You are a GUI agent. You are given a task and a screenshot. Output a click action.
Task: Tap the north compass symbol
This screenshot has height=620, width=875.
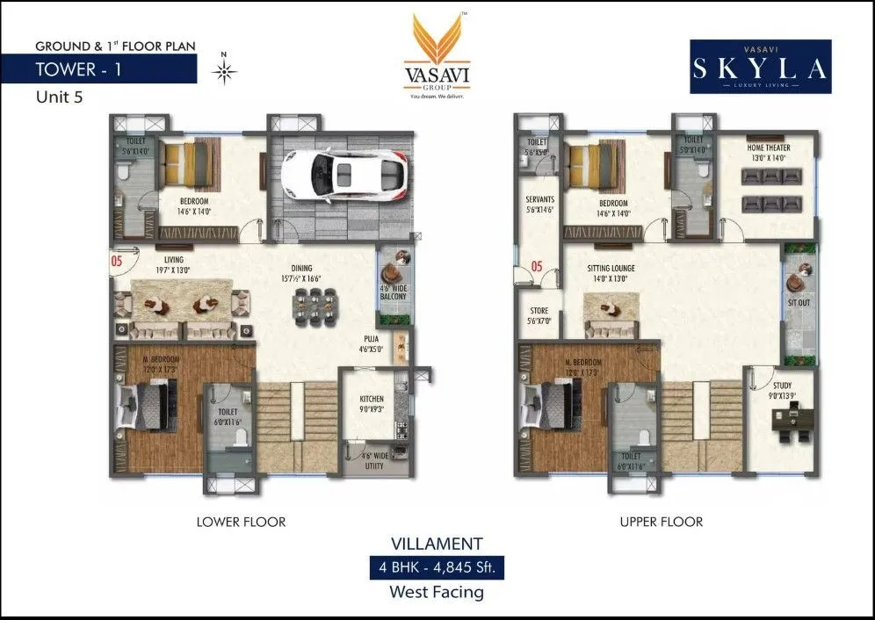click(224, 70)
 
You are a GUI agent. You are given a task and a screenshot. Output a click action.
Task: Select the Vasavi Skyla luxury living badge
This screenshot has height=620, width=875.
click(761, 67)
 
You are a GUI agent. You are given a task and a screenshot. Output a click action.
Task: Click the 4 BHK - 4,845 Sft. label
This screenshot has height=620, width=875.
click(437, 568)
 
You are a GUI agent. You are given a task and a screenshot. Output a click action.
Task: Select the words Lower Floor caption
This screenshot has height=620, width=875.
click(241, 522)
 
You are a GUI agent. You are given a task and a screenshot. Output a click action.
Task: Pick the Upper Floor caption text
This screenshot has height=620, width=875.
click(661, 522)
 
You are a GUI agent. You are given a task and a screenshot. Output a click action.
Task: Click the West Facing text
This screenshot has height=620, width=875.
click(437, 592)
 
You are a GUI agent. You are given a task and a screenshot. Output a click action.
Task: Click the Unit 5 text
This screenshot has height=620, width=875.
click(59, 97)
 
